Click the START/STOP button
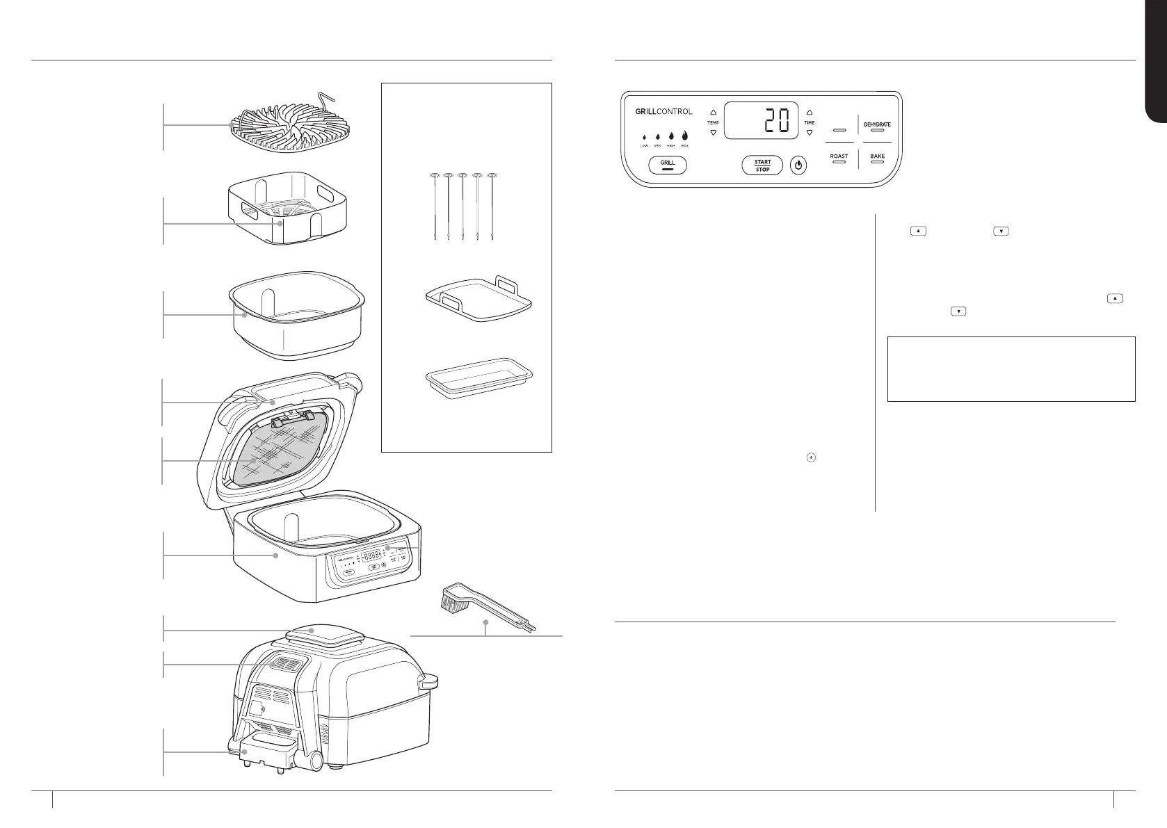coord(762,165)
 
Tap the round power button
coord(799,166)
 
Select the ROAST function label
coord(839,156)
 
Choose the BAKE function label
coord(877,156)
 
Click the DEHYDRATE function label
coord(877,125)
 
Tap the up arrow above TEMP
coord(713,112)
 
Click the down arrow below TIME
coord(809,132)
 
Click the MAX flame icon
coord(685,136)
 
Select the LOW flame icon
coord(644,137)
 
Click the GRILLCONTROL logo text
coord(663,111)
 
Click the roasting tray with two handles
coord(478,299)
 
